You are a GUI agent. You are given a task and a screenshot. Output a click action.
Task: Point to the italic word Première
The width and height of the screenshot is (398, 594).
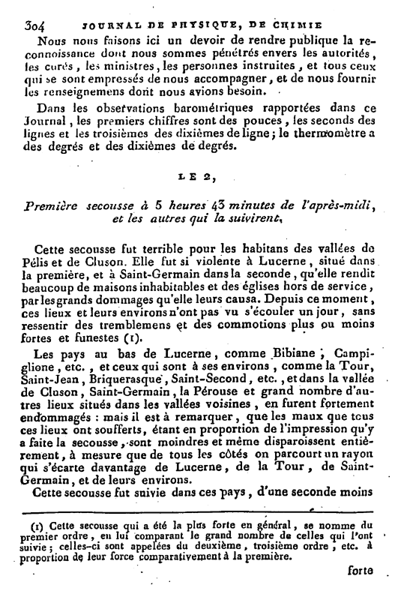point(53,207)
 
